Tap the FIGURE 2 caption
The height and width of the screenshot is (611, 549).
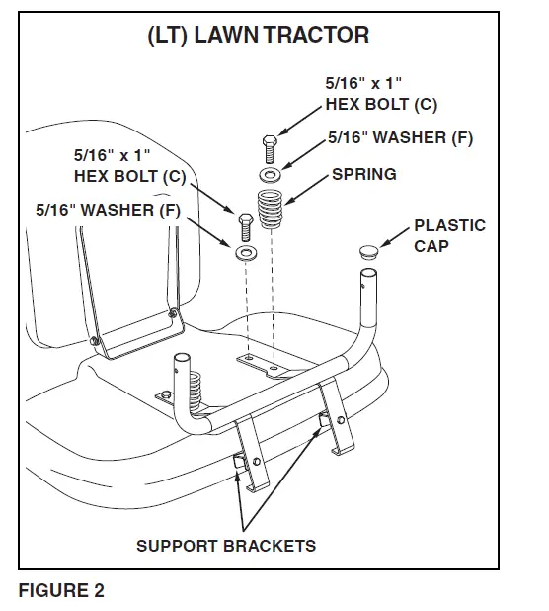point(61,592)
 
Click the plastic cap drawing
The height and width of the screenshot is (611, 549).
point(369,247)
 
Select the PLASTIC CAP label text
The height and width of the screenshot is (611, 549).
point(449,235)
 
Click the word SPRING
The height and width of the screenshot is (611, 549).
point(363,174)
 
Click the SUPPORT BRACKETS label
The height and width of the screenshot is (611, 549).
point(225,545)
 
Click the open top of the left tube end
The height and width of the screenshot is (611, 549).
point(183,360)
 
